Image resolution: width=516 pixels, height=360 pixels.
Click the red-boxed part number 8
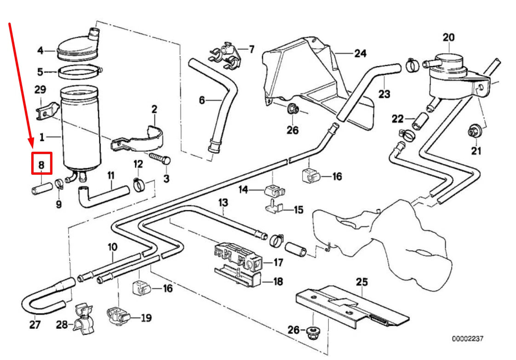pyautogui.click(x=41, y=164)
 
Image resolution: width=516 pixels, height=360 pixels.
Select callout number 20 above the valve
pyautogui.click(x=448, y=37)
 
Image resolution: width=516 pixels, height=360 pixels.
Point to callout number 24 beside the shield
pyautogui.click(x=360, y=53)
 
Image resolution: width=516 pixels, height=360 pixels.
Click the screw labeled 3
pyautogui.click(x=161, y=160)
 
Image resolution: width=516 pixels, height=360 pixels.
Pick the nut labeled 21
pyautogui.click(x=473, y=131)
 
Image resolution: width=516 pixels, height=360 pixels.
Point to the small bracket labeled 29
pyautogui.click(x=47, y=110)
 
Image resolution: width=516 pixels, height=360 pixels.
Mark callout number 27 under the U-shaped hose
pyautogui.click(x=34, y=325)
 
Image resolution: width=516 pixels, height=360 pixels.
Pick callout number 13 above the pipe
pyautogui.click(x=223, y=202)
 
